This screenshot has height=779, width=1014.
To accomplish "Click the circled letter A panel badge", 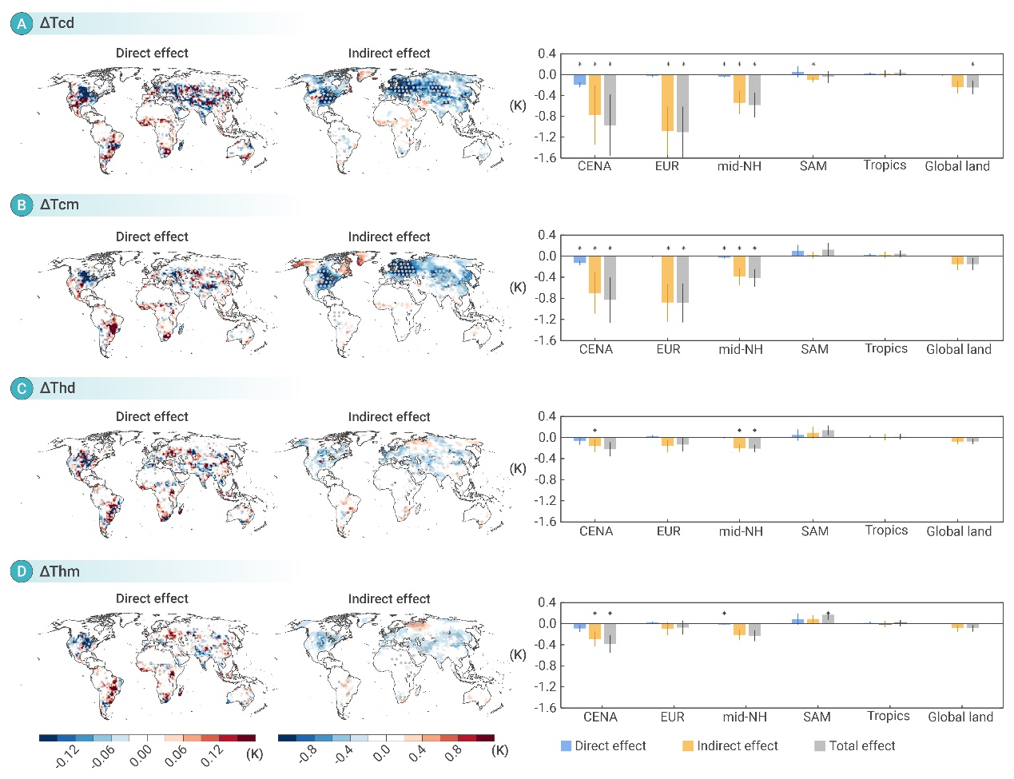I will point(22,23).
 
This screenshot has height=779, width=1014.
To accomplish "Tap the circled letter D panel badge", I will point(22,572).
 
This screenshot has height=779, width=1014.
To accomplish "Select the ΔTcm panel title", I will point(60,205).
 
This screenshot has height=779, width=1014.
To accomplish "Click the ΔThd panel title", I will point(58,388).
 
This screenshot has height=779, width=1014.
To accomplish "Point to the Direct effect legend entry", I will point(603,746).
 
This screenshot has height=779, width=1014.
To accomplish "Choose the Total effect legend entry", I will point(854,746).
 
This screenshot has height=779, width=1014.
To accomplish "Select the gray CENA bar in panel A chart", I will point(610,100).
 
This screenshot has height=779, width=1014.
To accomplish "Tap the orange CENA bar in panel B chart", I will point(594,275).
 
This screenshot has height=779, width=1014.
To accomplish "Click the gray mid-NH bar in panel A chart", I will point(754,90).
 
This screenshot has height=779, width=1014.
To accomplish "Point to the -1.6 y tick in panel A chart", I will point(547,158).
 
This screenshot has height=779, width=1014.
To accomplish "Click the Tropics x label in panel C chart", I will point(886,531).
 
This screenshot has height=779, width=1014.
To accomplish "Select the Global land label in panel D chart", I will point(960,717).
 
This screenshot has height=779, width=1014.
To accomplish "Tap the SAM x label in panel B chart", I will point(814,349).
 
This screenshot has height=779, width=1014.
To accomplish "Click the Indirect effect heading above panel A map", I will point(389,54).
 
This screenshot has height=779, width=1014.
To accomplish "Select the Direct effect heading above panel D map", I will point(152,599).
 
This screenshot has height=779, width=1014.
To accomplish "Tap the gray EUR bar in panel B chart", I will point(683,280).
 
